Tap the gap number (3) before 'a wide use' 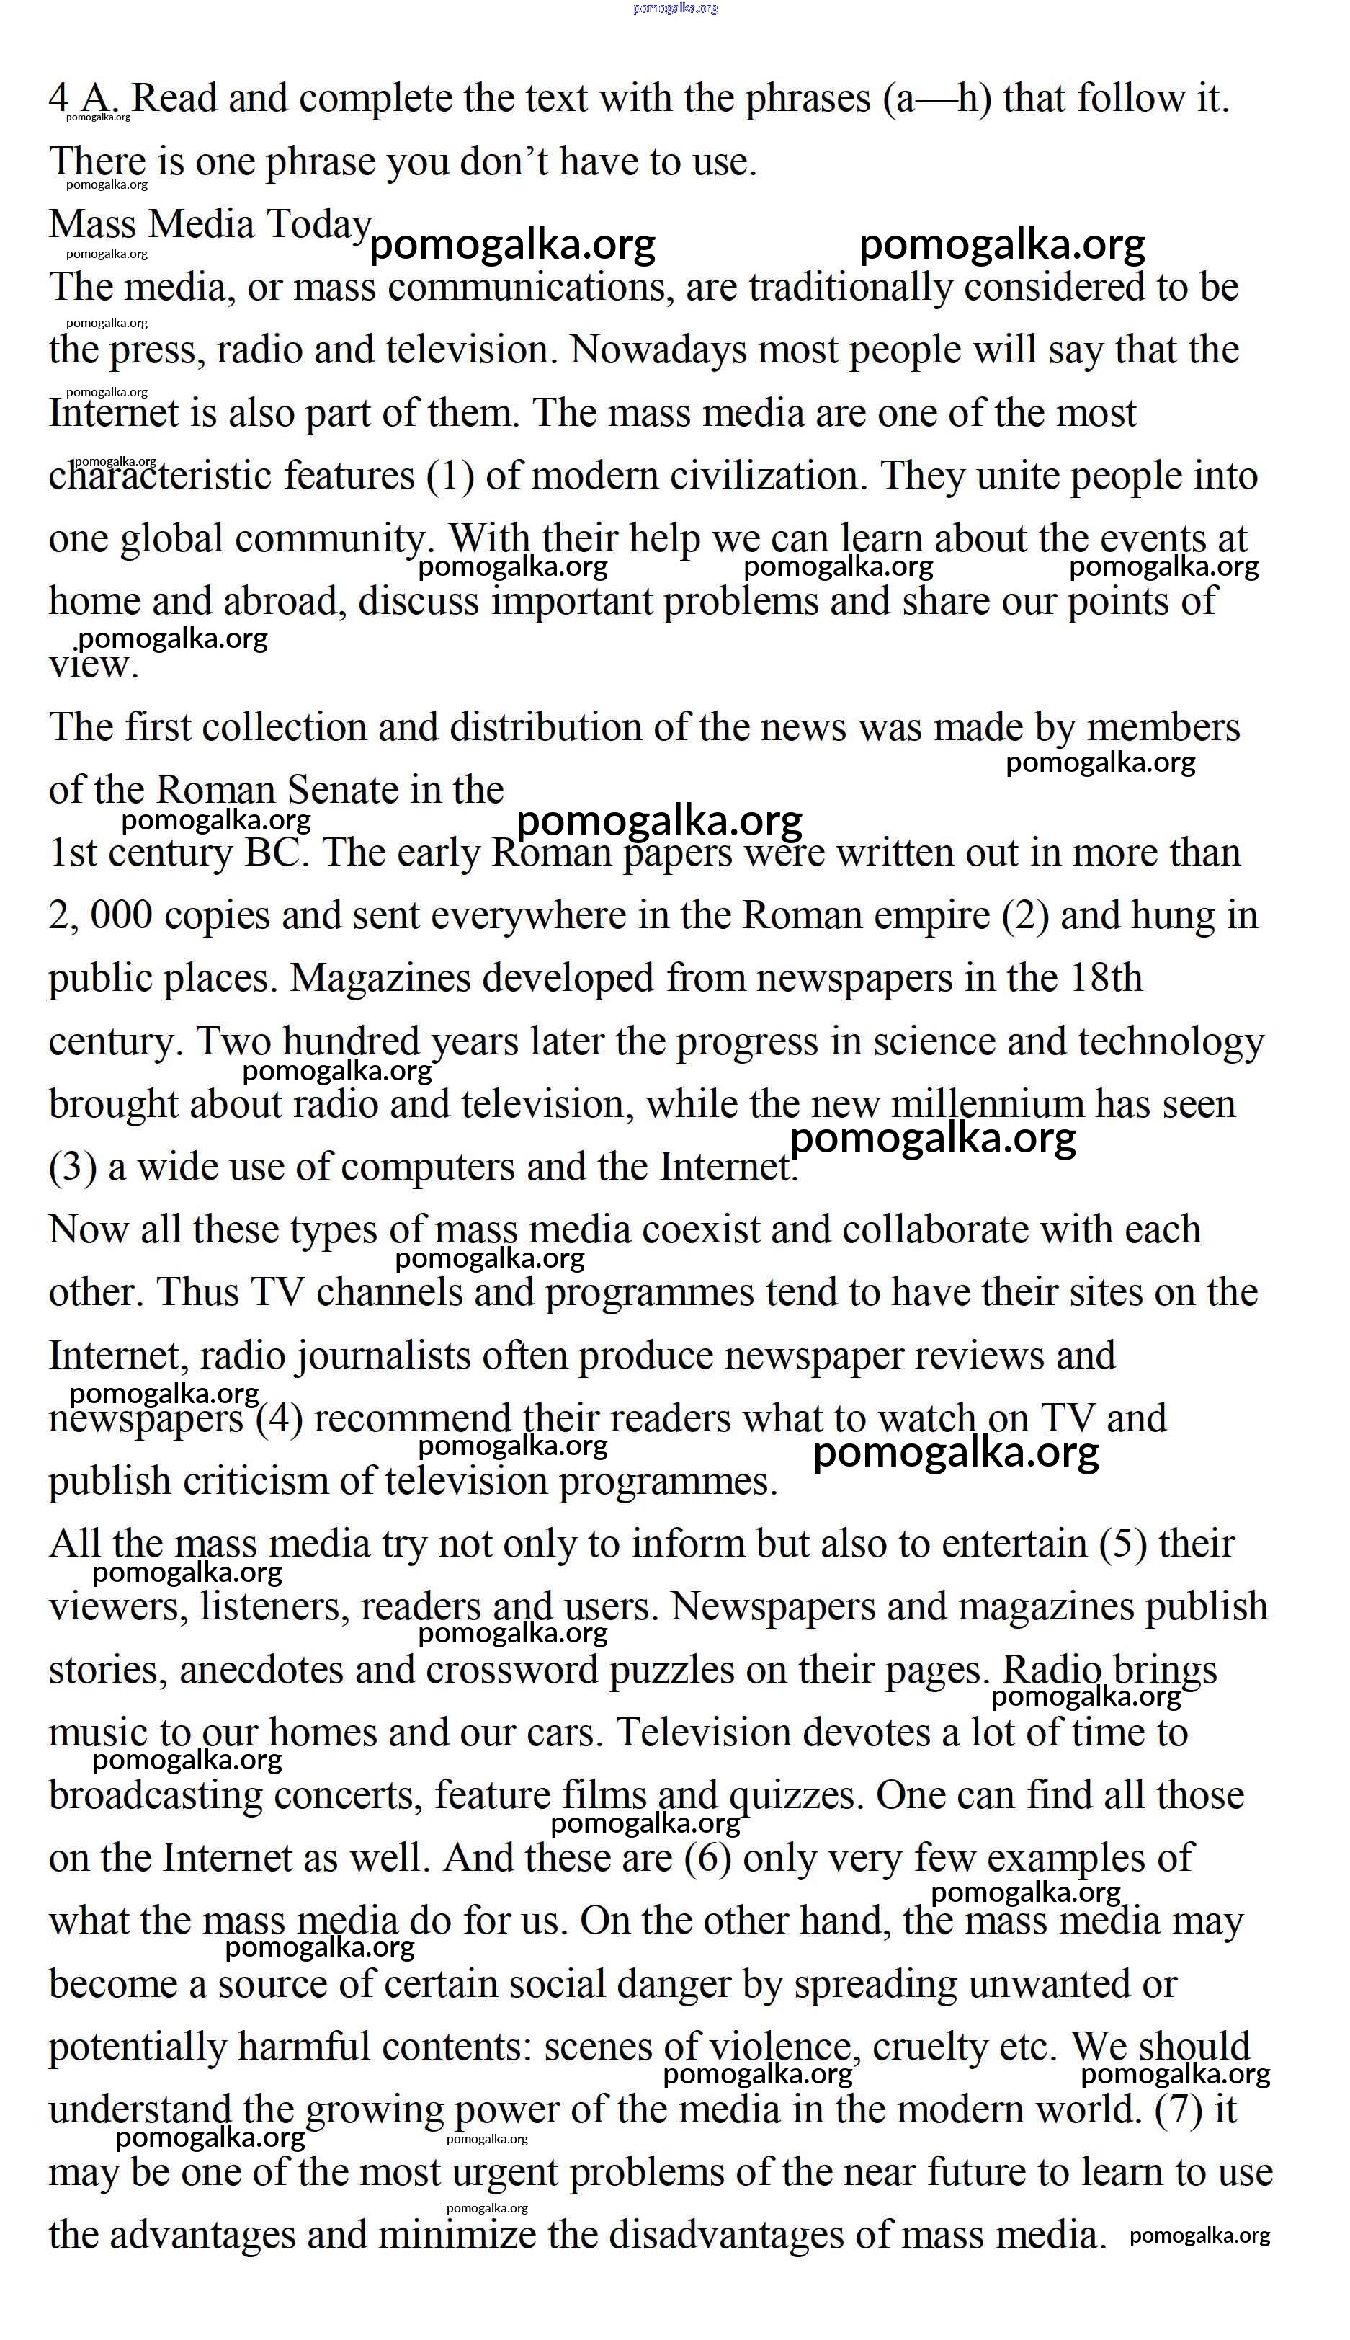(x=72, y=1167)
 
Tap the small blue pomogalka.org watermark (x=675, y=9)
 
